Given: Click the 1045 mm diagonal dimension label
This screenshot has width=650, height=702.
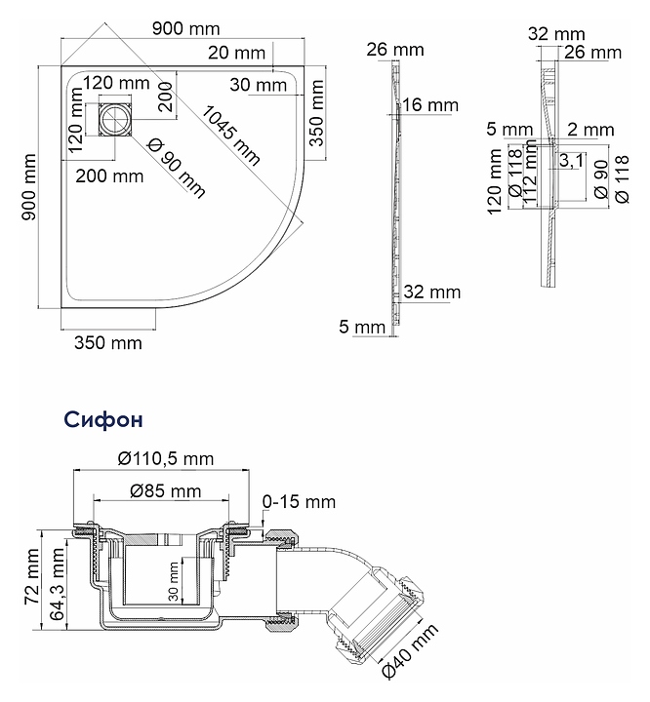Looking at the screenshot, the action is [x=229, y=136].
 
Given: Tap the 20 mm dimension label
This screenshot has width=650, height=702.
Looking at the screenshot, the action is [x=237, y=53].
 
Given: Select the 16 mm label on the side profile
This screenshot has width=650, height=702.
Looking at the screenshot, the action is [x=430, y=105].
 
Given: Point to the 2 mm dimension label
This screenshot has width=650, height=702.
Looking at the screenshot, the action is [x=590, y=130].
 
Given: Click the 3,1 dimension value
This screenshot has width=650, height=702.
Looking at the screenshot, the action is [x=571, y=160].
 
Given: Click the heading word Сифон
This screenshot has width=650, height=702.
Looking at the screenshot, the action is [x=103, y=419].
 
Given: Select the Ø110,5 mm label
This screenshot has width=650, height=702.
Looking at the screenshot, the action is [x=166, y=458].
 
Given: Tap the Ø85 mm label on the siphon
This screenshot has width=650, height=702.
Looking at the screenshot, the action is [x=166, y=491].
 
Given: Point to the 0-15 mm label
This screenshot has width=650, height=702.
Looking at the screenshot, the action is [x=299, y=501].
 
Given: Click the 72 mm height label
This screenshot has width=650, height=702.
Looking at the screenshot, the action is [x=32, y=576].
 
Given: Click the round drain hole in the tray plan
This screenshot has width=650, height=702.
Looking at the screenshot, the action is [x=115, y=120].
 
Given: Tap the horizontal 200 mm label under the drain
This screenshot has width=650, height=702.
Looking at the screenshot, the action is [x=109, y=176].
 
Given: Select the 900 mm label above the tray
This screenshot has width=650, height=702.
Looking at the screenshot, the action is [x=186, y=28].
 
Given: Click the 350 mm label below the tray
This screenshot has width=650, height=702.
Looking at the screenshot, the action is [x=108, y=343].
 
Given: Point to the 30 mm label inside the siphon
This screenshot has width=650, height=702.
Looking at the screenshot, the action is [x=174, y=581].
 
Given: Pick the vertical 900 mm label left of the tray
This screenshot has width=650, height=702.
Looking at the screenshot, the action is [x=29, y=187].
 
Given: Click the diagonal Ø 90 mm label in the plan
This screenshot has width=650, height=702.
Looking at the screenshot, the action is [x=177, y=169].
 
